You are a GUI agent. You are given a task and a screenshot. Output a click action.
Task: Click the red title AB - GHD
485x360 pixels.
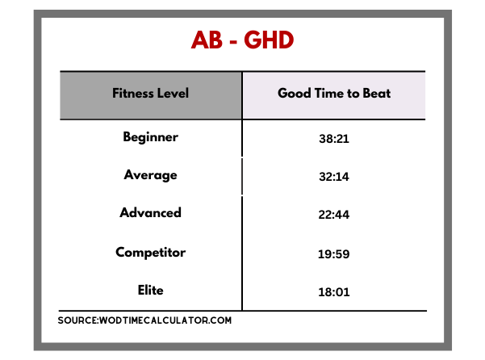tap(242, 40)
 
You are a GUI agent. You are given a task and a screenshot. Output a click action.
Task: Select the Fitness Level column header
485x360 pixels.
tap(150, 93)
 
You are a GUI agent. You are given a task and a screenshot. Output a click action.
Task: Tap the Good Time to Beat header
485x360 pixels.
tap(334, 93)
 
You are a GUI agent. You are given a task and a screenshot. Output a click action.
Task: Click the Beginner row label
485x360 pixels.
tap(150, 137)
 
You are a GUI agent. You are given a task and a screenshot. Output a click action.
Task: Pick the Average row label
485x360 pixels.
tap(150, 175)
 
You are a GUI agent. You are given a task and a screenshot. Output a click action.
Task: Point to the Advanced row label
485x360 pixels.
tap(150, 213)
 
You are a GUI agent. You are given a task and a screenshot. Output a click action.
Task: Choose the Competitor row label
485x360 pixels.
tap(150, 253)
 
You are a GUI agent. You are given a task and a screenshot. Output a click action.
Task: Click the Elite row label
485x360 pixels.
tap(150, 290)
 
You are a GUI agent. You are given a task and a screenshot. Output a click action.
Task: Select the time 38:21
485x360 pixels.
tap(334, 139)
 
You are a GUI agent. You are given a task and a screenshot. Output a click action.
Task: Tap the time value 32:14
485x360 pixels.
tap(334, 177)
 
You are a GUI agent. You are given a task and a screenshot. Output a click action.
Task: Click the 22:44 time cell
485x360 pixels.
tap(334, 215)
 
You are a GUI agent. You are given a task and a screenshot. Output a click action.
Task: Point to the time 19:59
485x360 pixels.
tap(334, 254)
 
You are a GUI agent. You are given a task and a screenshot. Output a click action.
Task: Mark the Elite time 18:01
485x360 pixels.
tap(334, 292)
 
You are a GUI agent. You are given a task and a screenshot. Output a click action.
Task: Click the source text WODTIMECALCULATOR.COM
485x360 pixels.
tap(165, 320)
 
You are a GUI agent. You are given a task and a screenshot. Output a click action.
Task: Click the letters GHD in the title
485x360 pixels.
tap(269, 40)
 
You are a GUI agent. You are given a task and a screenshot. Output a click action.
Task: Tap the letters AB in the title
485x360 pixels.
tap(207, 40)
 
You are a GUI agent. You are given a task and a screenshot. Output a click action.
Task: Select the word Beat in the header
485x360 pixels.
tap(377, 93)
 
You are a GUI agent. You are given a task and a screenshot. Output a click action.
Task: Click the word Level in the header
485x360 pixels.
tap(174, 93)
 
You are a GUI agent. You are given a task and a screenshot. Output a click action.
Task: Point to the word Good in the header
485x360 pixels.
tap(295, 93)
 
